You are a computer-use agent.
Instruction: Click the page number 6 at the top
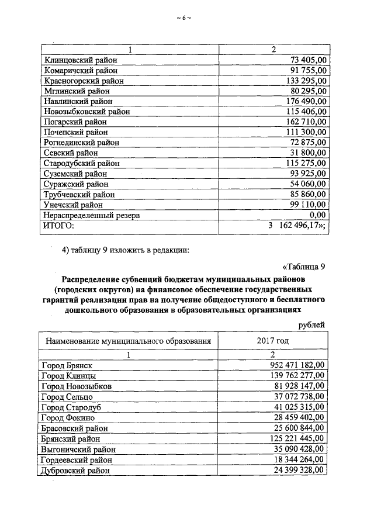click(183, 18)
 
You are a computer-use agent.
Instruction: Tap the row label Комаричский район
click(80, 70)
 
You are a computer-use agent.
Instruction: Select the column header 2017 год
click(272, 340)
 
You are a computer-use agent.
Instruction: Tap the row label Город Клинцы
click(69, 375)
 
